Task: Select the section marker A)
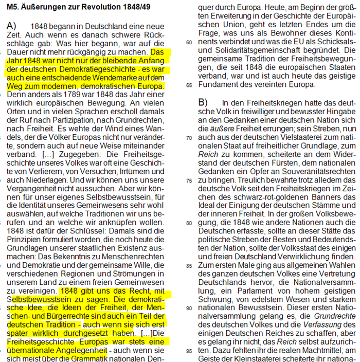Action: tap(11, 25)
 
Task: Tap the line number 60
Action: tap(189, 42)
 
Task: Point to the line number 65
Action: tap(189, 84)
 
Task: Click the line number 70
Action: tap(189, 138)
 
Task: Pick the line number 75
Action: tap(189, 180)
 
